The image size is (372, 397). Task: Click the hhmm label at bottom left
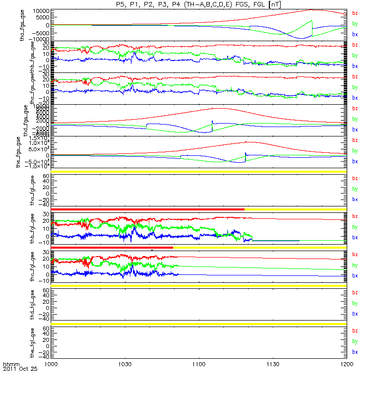(x=10, y=364)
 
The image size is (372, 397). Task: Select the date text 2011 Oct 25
(x=20, y=369)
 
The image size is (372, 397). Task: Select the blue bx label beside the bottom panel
(x=355, y=352)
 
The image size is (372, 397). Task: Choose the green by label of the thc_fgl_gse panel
(x=355, y=265)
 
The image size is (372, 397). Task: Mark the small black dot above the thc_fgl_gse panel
(x=152, y=250)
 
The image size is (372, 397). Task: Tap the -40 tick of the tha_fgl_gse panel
(x=42, y=204)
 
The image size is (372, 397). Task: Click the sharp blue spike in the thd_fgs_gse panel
(x=212, y=122)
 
